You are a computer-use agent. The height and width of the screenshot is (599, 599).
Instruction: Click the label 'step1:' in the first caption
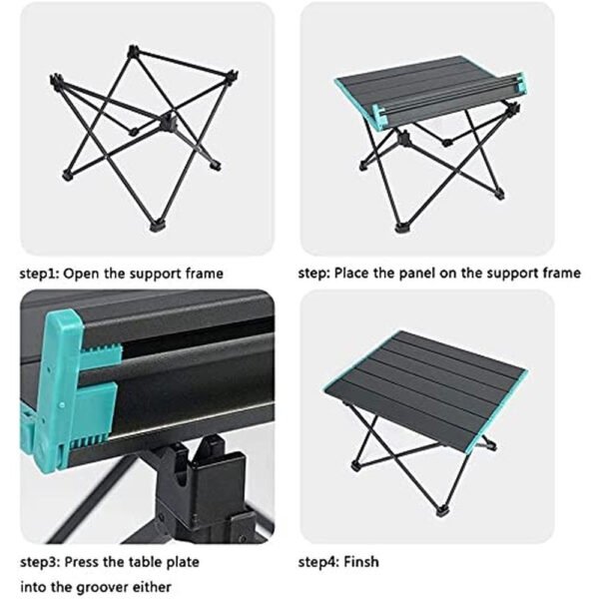click(x=40, y=273)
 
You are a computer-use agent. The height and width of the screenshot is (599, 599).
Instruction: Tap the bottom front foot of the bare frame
click(x=158, y=227)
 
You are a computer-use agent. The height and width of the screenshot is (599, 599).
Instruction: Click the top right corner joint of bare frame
click(x=232, y=76)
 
